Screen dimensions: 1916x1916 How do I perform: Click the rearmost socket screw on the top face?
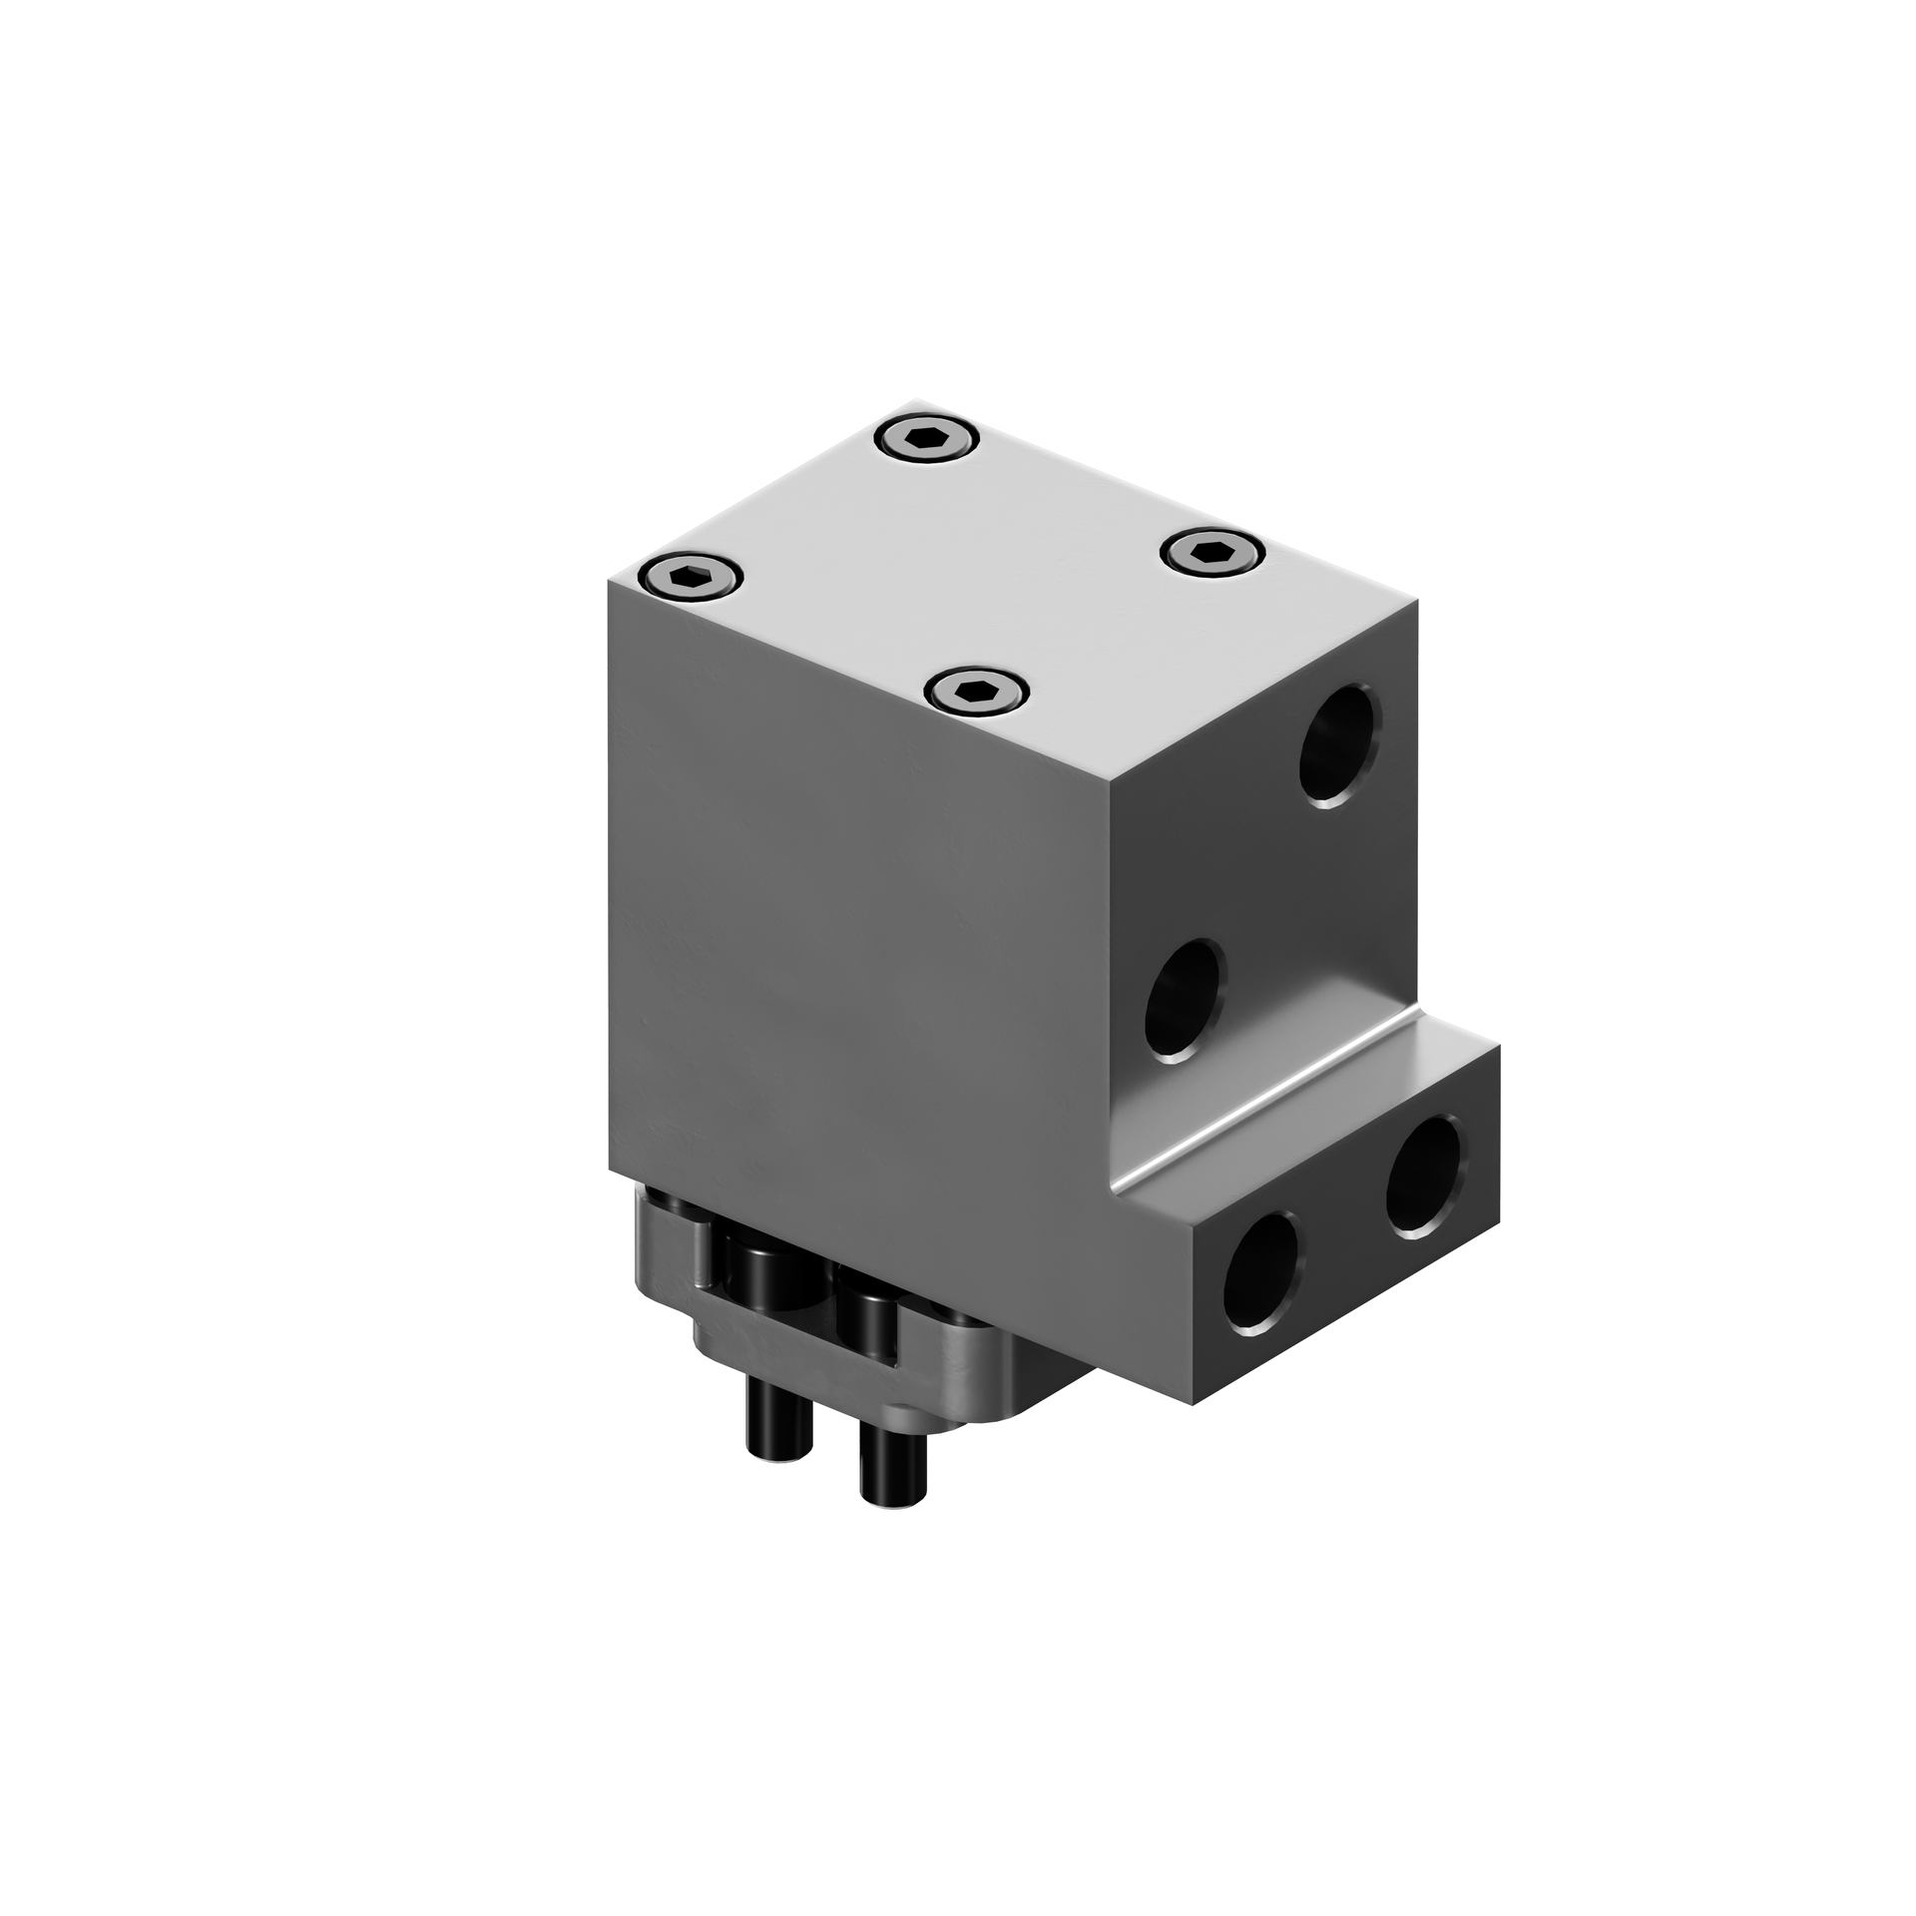click(927, 439)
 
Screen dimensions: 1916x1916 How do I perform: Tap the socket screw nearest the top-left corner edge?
click(692, 577)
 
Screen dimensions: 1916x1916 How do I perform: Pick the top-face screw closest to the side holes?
click(1213, 552)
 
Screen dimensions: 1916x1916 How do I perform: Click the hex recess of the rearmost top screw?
click(927, 439)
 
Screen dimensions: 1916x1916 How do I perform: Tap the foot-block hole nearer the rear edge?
click(1426, 1178)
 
